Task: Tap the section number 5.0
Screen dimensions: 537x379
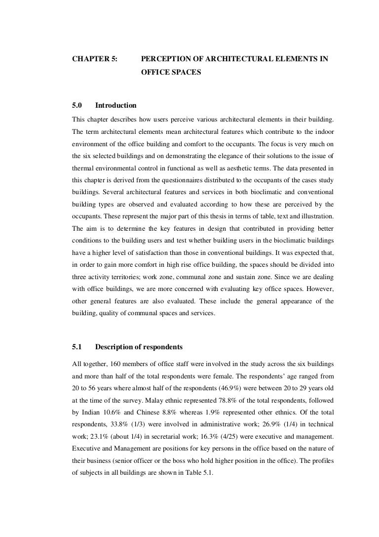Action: (x=77, y=105)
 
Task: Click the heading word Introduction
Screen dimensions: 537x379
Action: (x=115, y=105)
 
